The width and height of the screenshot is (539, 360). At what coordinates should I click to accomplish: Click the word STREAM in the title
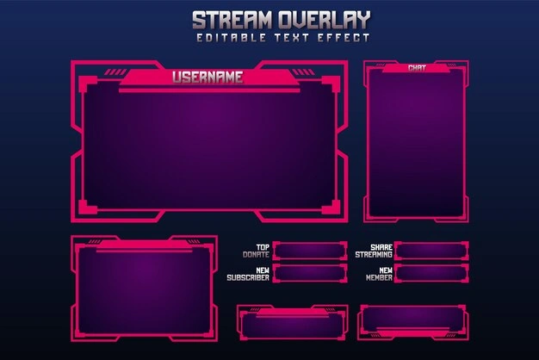click(232, 20)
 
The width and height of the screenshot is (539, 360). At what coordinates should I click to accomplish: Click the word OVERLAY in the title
click(325, 20)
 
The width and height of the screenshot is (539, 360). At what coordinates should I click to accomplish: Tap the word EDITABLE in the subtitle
click(232, 38)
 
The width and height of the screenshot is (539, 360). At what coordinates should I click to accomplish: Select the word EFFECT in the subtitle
click(344, 38)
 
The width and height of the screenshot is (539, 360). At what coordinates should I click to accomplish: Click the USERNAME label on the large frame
click(208, 77)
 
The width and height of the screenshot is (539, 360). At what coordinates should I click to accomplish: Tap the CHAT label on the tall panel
click(417, 68)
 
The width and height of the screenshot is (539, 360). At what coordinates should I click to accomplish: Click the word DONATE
click(256, 255)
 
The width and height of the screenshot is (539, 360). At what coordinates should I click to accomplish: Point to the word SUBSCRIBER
click(248, 277)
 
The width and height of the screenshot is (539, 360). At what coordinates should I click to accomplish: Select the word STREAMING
click(374, 255)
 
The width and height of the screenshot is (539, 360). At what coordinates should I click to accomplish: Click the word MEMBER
click(379, 277)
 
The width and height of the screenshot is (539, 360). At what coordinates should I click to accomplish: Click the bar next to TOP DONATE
click(310, 251)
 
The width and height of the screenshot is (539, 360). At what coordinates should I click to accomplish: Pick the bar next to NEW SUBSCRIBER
click(310, 273)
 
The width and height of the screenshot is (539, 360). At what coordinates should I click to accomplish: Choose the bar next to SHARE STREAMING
click(431, 251)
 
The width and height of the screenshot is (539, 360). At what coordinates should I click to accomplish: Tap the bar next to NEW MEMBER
click(431, 273)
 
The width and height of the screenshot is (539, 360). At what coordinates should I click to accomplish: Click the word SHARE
click(381, 247)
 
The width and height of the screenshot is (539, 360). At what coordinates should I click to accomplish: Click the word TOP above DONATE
click(263, 247)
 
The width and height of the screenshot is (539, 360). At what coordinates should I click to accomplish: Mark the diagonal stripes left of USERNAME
click(115, 71)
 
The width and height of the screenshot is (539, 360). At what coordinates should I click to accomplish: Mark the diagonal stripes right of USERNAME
click(303, 71)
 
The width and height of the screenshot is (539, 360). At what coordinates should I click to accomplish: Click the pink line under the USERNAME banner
click(209, 90)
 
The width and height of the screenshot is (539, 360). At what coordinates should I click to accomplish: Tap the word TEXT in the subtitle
click(292, 38)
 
